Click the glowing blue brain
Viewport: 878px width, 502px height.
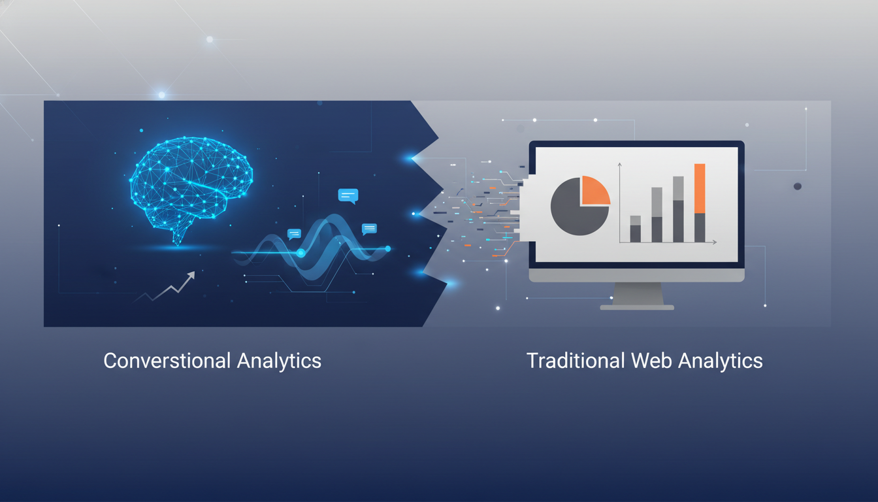(191, 184)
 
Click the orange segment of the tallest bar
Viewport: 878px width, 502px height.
(700, 189)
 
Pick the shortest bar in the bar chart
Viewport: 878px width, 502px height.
(636, 229)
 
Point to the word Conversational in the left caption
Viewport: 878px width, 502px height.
(167, 360)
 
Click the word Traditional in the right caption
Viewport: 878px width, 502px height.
(576, 360)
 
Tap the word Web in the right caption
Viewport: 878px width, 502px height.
(652, 360)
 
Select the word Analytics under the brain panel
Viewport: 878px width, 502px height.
(279, 361)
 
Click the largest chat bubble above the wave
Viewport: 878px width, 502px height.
(348, 195)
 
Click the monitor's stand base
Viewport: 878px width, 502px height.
(637, 307)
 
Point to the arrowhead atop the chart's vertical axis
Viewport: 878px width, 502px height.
(620, 165)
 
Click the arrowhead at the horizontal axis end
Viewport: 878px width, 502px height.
(714, 243)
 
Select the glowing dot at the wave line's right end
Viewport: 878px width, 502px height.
(388, 248)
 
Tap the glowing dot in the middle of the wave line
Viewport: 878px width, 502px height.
(301, 253)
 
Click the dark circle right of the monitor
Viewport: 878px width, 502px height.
(797, 186)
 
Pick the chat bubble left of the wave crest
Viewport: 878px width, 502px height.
(294, 234)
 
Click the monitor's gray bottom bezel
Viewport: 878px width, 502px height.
(636, 275)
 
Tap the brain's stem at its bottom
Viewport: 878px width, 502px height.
(178, 237)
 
